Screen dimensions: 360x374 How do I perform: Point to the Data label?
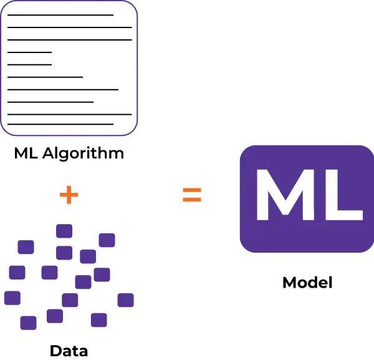point(69,350)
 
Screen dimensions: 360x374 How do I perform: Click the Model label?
point(307,282)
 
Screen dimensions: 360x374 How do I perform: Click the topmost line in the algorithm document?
point(60,14)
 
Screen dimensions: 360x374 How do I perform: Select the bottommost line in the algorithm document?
point(60,124)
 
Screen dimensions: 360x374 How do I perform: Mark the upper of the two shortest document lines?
point(29,52)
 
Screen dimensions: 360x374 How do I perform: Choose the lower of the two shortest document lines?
point(29,64)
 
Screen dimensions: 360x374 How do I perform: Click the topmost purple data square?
point(64,231)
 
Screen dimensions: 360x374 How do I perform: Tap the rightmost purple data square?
point(125,300)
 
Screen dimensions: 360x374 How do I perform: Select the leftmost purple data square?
point(12,298)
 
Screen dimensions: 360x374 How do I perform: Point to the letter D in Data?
point(55,350)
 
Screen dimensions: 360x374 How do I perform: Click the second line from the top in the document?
point(69,27)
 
